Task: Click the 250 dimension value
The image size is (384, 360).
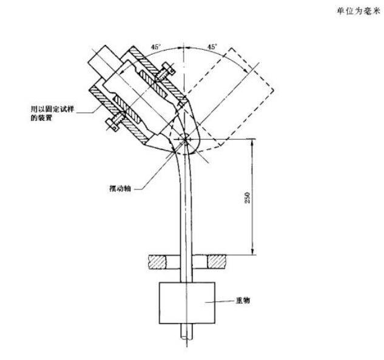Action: point(248,197)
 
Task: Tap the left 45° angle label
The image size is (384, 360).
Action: point(156,47)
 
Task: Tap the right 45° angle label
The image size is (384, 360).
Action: point(212,47)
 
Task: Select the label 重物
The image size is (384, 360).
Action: point(243,301)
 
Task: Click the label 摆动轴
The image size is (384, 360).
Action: point(120,188)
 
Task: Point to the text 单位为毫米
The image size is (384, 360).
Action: point(359,12)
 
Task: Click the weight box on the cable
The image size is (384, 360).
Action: point(187,303)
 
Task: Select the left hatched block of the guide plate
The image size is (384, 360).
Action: point(158,262)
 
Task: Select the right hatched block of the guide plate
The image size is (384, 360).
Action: point(217,262)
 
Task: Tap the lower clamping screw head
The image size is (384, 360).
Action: point(112,124)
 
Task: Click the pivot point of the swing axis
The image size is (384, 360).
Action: point(185,140)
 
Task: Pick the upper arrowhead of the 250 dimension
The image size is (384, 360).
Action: point(252,143)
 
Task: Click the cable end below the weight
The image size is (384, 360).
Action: point(187,331)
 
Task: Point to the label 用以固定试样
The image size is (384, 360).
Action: point(52,109)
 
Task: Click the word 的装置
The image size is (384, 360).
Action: point(41,118)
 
